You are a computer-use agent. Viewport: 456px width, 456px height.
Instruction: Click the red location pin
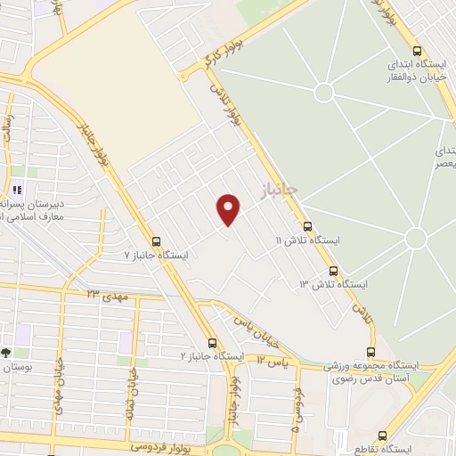pyautogui.click(x=229, y=209)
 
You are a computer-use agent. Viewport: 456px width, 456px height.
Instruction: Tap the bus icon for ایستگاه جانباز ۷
pyautogui.click(x=157, y=241)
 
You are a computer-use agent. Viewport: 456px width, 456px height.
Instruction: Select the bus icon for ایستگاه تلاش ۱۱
pyautogui.click(x=308, y=226)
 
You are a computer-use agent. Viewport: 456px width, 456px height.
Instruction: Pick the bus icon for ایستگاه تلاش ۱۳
pyautogui.click(x=333, y=270)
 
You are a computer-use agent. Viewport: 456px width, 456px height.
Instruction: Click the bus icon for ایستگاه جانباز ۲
pyautogui.click(x=212, y=342)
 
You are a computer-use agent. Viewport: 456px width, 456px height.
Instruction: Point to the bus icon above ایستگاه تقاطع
pyautogui.click(x=383, y=436)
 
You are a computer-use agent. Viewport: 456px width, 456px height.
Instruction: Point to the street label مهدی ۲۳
pyautogui.click(x=108, y=294)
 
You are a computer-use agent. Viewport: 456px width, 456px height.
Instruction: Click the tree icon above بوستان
pyautogui.click(x=6, y=354)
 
